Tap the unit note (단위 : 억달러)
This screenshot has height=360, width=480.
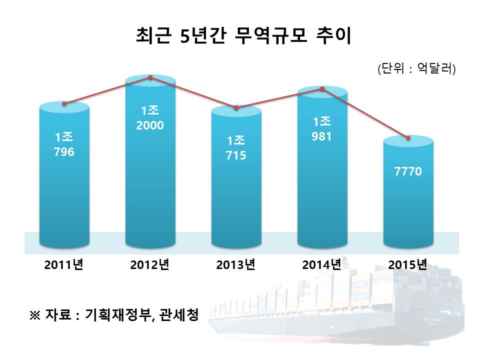(416, 68)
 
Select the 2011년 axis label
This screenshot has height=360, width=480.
(63, 264)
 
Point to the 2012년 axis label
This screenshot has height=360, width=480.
(150, 264)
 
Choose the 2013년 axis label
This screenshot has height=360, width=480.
(236, 264)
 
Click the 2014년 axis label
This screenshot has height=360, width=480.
(322, 264)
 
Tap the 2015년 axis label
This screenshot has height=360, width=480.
(408, 264)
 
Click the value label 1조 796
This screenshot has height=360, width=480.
(64, 144)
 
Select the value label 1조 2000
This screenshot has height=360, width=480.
(150, 118)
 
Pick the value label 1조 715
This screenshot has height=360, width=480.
(236, 148)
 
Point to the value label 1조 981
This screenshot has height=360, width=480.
(322, 128)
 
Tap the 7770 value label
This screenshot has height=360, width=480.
(408, 171)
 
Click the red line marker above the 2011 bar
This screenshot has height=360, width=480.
(64, 104)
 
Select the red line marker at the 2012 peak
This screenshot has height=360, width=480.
(150, 77)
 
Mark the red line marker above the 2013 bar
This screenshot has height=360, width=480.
(236, 108)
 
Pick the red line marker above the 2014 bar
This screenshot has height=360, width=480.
(322, 89)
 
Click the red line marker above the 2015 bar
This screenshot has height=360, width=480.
(408, 137)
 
